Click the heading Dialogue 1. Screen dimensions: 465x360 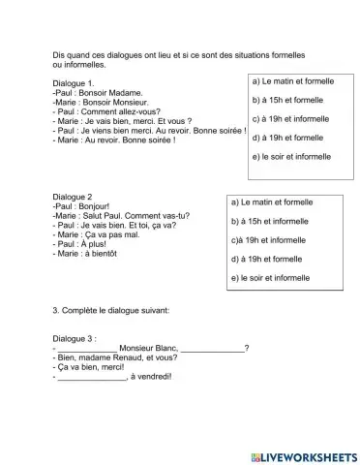pos(75,84)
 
